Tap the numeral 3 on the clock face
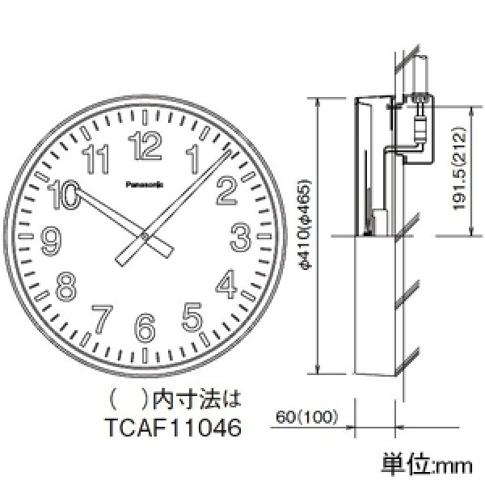pos(239,237)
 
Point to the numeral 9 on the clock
pos(51,238)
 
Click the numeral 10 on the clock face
pos(64,192)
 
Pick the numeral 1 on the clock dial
pos(192,158)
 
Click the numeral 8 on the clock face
pos(66,285)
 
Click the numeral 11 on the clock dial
pos(98,159)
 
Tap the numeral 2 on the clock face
pos(226,191)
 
